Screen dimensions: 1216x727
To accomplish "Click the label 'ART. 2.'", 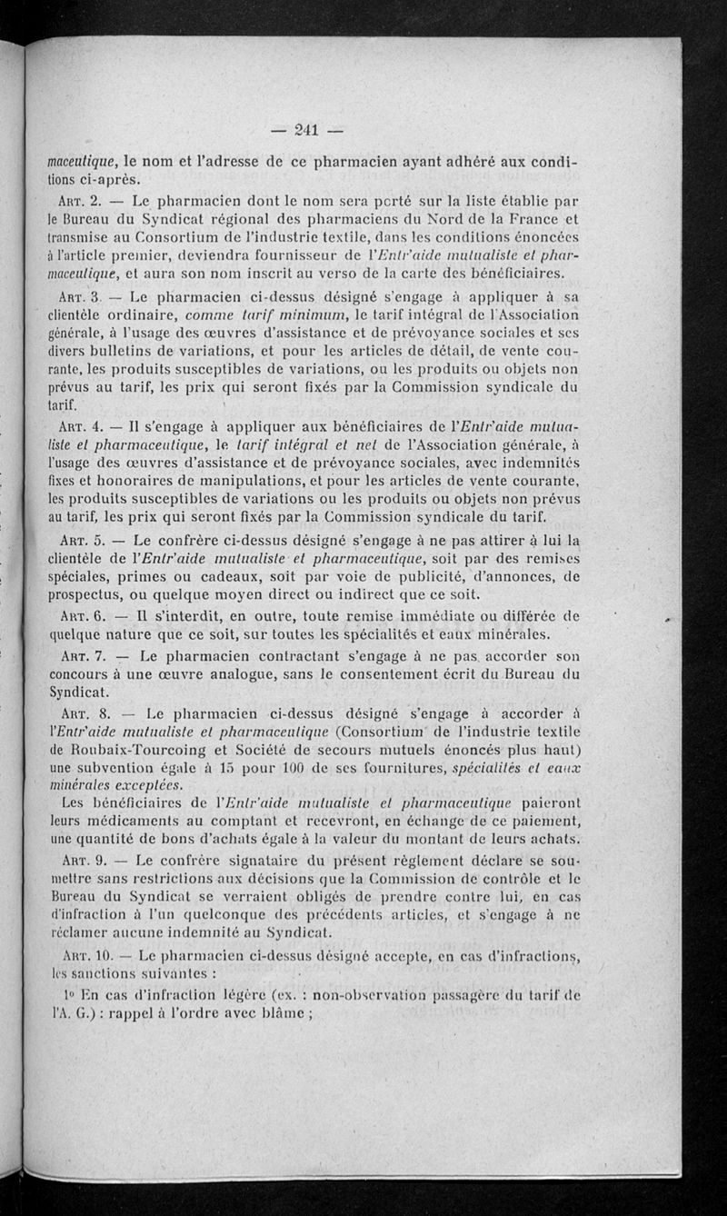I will click(x=75, y=200).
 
